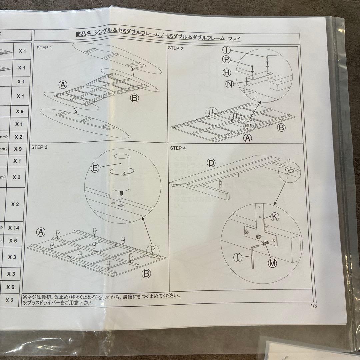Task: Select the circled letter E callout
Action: (x=95, y=169)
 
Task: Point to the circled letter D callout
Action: (x=211, y=163)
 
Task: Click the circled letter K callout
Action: (x=274, y=217)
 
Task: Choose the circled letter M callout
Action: (x=272, y=263)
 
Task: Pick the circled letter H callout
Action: (x=227, y=72)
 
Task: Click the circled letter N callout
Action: (x=229, y=84)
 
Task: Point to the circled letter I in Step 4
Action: (x=238, y=257)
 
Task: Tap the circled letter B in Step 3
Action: (x=146, y=274)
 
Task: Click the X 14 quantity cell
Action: (x=14, y=228)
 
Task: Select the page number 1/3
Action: (x=313, y=306)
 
